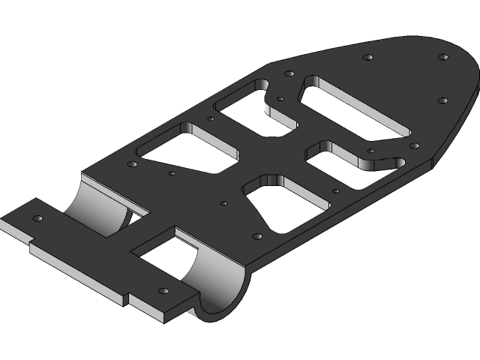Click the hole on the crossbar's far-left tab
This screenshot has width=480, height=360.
click(x=37, y=217)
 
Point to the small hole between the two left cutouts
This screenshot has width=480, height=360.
click(x=211, y=118)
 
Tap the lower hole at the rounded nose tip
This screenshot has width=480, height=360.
click(x=442, y=100)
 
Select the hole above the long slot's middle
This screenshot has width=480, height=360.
click(x=367, y=57)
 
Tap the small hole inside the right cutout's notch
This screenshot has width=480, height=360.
click(x=370, y=151)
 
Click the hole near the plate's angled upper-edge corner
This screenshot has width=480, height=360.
click(x=288, y=73)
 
